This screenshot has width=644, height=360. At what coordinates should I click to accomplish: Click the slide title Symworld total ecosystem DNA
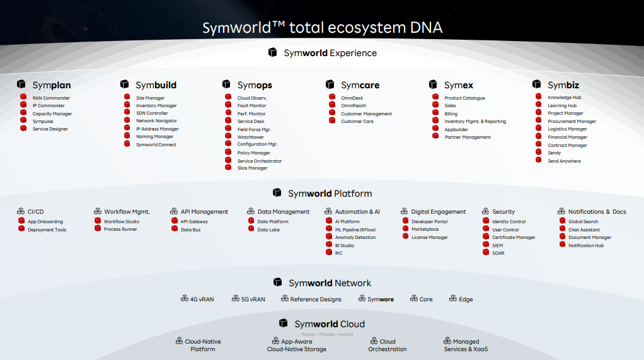(x=322, y=28)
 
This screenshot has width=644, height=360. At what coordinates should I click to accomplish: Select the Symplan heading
(x=51, y=85)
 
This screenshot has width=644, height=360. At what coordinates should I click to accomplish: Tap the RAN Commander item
(x=51, y=98)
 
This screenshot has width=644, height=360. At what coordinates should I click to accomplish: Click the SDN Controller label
(x=152, y=113)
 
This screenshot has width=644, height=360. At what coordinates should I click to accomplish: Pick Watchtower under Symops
(x=251, y=137)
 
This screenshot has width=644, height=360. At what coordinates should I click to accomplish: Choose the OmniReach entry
(x=354, y=106)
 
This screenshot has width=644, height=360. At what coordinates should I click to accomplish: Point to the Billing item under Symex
(x=451, y=114)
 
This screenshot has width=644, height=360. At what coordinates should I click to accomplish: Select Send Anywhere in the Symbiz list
(x=564, y=161)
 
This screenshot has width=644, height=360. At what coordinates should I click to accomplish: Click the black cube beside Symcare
(x=330, y=84)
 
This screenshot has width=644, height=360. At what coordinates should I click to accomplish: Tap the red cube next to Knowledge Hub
(x=539, y=97)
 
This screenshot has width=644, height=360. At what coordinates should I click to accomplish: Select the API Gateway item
(x=194, y=222)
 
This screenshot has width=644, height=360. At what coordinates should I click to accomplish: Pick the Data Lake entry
(x=268, y=230)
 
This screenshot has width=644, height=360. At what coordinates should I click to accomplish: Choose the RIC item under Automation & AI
(x=338, y=253)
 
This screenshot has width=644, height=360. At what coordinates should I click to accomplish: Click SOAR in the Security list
(x=498, y=253)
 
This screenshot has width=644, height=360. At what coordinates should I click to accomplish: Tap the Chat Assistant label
(x=584, y=230)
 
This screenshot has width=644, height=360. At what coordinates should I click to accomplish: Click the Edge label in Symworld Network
(x=465, y=299)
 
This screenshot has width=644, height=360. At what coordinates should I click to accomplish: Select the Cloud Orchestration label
(x=388, y=345)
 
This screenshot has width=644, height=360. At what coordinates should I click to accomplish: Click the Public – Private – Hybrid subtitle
(x=327, y=335)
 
